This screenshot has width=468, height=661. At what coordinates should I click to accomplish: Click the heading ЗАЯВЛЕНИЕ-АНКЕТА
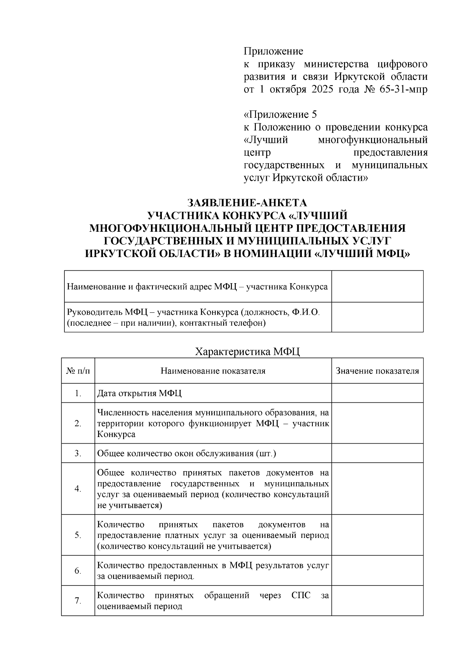[247, 203]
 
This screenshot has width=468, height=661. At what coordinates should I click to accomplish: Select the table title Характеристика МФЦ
[247, 352]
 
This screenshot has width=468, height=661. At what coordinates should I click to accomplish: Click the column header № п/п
[78, 371]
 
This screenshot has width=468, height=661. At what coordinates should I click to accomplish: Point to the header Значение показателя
[377, 371]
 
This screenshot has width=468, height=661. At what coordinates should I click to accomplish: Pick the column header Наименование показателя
[213, 371]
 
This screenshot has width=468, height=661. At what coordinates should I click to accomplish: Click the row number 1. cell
[78, 393]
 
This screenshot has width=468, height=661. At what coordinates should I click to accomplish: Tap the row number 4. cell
[78, 489]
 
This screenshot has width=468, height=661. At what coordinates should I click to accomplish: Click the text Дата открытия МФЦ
[139, 393]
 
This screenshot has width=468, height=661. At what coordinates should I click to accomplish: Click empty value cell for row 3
[377, 453]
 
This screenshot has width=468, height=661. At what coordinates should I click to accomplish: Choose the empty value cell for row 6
[377, 571]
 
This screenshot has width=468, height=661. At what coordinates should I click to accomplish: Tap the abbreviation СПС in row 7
[301, 596]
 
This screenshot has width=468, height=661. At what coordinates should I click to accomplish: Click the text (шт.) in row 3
[266, 453]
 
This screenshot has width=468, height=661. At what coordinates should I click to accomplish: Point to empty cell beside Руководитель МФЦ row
[377, 317]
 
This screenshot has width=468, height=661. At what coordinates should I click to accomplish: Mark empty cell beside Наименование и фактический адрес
[377, 287]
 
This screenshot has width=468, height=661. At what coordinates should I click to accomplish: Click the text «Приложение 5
[280, 115]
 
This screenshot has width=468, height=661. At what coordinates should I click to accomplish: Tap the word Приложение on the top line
[273, 51]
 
